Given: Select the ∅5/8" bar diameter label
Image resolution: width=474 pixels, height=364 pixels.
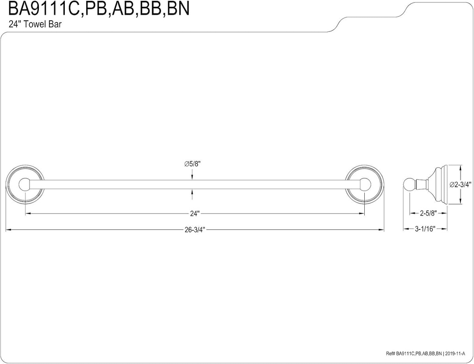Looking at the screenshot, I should point(193,164).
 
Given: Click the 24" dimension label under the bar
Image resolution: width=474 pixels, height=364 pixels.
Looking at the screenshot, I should point(194,214).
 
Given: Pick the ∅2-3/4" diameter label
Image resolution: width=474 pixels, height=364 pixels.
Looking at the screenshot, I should point(461,184).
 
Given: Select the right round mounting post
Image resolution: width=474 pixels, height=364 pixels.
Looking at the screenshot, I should point(366,185).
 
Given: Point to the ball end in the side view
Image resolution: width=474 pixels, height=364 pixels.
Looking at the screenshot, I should point(408,185).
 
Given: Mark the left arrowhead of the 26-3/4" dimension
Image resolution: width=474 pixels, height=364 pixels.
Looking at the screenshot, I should point(7,229).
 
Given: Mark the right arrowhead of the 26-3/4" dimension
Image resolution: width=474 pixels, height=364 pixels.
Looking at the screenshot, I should point(382,229).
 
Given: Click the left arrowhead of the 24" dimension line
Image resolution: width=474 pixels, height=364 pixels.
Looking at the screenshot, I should point(27,213).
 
